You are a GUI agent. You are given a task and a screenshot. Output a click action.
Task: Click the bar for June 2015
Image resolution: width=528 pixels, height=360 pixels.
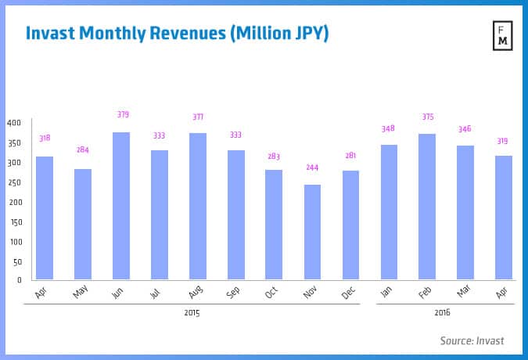coord(120,206)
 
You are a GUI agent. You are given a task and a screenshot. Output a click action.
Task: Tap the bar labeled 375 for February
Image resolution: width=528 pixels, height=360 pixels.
coord(427,207)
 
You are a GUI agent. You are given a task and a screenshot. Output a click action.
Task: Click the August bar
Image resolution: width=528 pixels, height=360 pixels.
coord(197,207)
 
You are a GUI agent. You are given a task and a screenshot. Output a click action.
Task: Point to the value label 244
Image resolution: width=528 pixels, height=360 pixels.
coord(312,167)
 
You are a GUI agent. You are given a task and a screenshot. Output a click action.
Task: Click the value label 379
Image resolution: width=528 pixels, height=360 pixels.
coord(123,114)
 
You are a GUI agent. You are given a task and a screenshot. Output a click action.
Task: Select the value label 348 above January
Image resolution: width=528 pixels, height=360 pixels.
coord(389,128)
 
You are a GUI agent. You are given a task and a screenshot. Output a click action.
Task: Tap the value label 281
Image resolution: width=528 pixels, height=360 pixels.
coord(350,155)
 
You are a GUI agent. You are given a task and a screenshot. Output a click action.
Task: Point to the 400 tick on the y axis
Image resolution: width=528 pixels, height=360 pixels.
coord(14,123)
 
